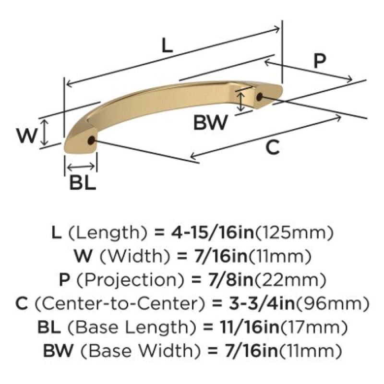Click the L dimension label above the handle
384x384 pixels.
click(167, 46)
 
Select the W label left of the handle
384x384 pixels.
click(27, 135)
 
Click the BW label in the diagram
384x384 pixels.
click(211, 122)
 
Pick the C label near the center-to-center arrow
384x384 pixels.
click(273, 147)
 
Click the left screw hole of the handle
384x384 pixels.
click(91, 140)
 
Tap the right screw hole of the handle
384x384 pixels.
click(259, 96)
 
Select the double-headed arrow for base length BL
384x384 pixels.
click(81, 167)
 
